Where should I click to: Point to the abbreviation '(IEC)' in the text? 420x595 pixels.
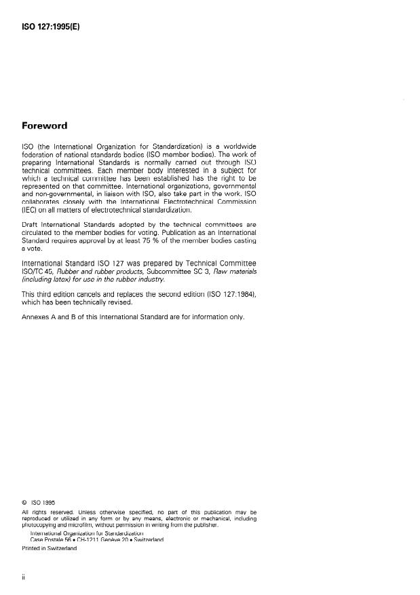(x=32, y=211)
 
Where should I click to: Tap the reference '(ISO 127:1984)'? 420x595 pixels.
(x=229, y=294)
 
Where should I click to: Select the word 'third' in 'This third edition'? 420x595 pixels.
(x=50, y=294)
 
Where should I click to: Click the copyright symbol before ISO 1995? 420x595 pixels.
(x=25, y=503)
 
